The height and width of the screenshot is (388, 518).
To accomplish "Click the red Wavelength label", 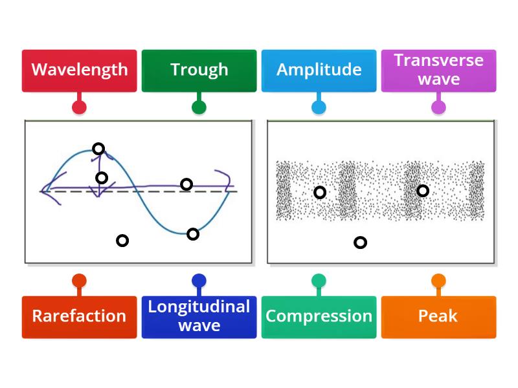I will (x=79, y=70).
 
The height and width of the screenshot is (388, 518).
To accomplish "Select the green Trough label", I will (x=199, y=70).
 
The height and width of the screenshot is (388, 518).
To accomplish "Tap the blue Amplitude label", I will (x=319, y=70).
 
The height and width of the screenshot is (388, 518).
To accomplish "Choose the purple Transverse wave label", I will (x=438, y=70).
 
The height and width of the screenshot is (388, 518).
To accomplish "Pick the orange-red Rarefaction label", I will (x=79, y=316).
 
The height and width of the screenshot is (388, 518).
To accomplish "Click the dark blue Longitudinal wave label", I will (x=199, y=316).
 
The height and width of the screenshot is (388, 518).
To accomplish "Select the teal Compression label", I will (x=319, y=316).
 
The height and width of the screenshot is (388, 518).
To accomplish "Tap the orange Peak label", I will (x=438, y=316).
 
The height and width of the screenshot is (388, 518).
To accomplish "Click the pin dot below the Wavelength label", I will (x=79, y=107).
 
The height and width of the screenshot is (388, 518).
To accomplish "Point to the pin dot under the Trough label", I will (x=199, y=107).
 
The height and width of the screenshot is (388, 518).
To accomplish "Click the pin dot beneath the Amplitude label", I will (x=319, y=107).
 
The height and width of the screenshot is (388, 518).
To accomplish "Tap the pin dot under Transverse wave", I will (x=438, y=107).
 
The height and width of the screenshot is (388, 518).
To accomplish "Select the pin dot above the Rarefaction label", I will (x=79, y=281).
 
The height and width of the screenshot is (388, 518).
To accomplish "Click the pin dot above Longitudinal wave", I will (x=199, y=281).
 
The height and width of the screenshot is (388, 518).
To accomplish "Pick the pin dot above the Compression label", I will (x=319, y=281).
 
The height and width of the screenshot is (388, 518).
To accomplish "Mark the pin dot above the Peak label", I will (x=438, y=281).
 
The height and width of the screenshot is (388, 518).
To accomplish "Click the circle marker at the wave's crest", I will (x=98, y=149).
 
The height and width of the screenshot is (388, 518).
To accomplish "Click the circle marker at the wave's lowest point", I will (x=193, y=234).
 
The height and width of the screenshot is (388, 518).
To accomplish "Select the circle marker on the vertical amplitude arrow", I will (x=102, y=178).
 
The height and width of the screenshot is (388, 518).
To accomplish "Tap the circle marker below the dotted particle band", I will (x=361, y=242).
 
